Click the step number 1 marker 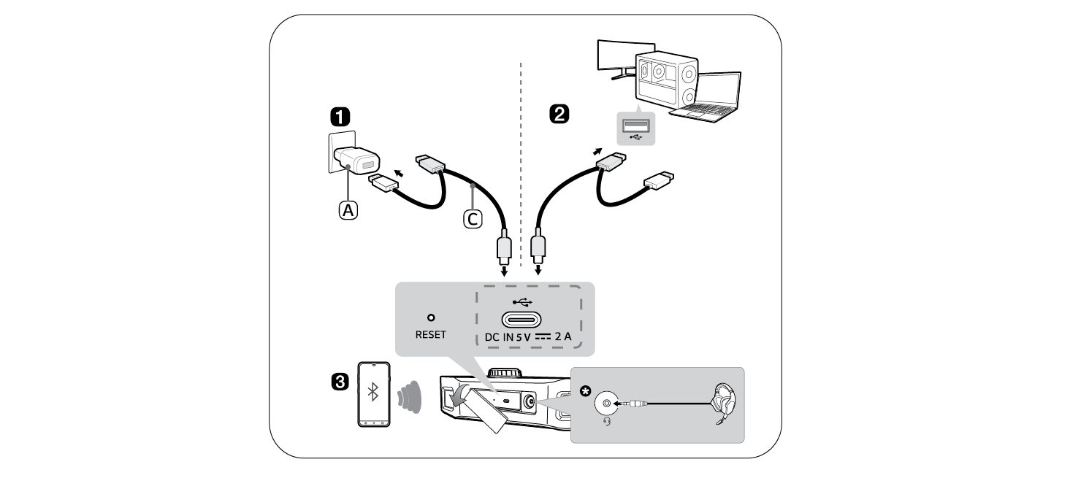pos(340,117)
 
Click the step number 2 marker pos(559,115)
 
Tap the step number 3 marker pos(340,382)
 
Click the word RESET pos(430,334)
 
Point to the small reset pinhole pos(430,318)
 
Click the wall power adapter pos(355,160)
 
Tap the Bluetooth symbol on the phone pos(372,393)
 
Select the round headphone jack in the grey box pos(607,403)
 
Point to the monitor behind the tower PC pos(615,57)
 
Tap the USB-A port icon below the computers pos(632,128)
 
